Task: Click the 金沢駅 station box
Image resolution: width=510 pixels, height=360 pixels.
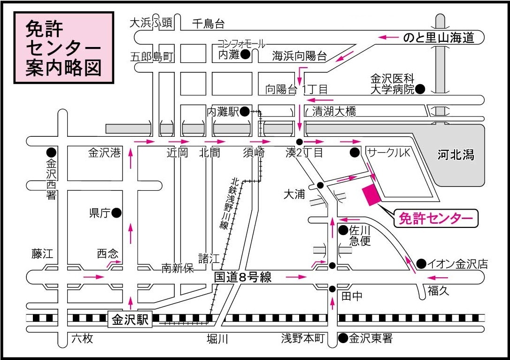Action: [x=130, y=320]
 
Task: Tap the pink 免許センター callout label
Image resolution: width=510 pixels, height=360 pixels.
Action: [x=436, y=219]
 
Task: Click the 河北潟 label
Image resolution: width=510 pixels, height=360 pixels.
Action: [x=456, y=155]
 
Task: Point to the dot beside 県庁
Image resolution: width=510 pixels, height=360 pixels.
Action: [x=116, y=213]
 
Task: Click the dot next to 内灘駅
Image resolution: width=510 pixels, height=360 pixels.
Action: [x=245, y=112]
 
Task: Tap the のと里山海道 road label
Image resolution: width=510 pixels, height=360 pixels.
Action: [x=439, y=38]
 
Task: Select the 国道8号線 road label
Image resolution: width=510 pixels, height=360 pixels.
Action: [x=243, y=277]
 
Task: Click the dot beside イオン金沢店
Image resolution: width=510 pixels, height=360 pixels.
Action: [x=421, y=264]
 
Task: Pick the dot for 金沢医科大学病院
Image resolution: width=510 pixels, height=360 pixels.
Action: [x=420, y=89]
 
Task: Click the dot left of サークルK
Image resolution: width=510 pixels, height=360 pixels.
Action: [x=355, y=152]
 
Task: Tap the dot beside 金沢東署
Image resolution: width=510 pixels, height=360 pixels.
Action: [x=343, y=338]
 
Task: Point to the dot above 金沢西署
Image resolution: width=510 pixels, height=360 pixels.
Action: [x=51, y=152]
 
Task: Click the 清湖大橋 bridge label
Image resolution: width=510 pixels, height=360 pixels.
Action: [x=334, y=111]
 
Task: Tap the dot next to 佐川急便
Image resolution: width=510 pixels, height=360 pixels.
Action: [x=343, y=230]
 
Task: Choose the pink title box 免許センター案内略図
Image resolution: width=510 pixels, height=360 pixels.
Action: [x=64, y=48]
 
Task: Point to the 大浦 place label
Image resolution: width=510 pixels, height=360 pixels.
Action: [x=294, y=194]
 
